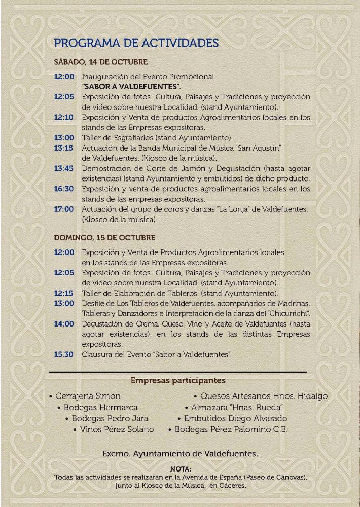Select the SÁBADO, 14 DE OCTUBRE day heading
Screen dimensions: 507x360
coord(100,62)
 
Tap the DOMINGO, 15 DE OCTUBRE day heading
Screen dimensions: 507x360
coord(104,238)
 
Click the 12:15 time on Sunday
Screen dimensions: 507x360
coord(64,293)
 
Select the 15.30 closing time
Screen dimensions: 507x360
coord(64,354)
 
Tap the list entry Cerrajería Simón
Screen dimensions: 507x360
coord(88,396)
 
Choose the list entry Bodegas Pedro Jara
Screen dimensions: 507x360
coord(110,418)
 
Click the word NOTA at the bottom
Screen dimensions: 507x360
coord(181,469)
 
